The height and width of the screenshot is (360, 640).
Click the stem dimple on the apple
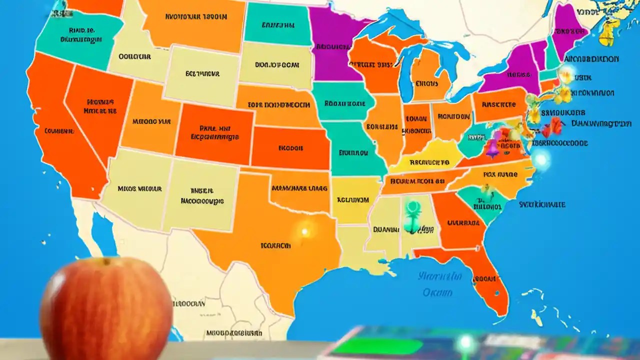[105, 261]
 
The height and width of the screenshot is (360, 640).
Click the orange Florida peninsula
[487, 280]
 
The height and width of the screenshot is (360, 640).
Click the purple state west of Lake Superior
[330, 47]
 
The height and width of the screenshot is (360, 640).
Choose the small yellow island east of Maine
[607, 32]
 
